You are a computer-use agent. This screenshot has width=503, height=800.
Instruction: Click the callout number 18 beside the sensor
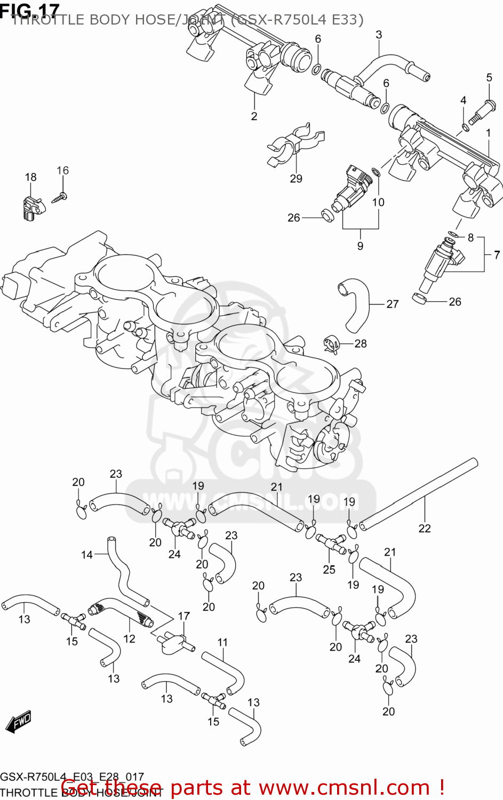tap(30, 177)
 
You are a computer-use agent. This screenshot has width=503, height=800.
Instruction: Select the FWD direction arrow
tap(18, 722)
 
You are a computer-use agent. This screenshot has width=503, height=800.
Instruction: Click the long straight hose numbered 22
tap(419, 493)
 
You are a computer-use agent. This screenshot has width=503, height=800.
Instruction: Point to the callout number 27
tap(392, 304)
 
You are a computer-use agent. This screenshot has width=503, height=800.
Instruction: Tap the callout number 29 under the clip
tap(296, 179)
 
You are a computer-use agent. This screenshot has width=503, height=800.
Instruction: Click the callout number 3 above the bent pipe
tap(379, 35)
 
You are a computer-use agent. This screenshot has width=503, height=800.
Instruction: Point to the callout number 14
tap(86, 555)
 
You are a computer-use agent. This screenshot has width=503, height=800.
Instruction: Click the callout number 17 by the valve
tap(183, 616)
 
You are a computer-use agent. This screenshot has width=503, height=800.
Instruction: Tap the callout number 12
tap(129, 638)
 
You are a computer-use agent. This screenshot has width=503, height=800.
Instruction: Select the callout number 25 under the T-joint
tap(329, 570)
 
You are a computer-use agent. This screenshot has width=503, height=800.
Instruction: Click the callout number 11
tap(222, 642)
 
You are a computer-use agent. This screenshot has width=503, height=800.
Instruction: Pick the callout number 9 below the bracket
tap(360, 245)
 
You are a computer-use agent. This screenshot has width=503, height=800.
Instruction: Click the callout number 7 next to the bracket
tap(496, 255)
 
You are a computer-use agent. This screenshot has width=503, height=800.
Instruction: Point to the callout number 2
tap(254, 116)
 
